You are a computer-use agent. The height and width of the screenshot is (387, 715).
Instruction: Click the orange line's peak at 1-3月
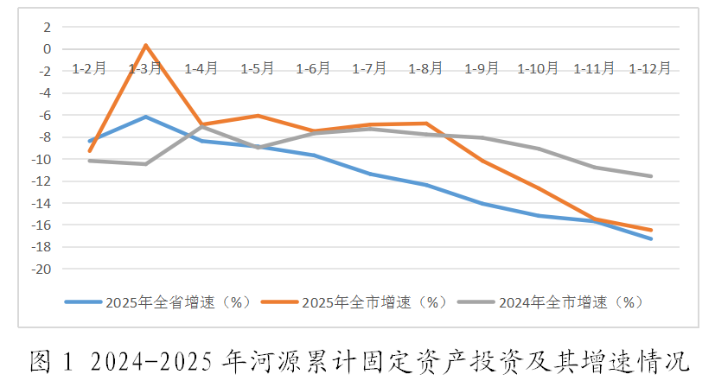(x=145, y=45)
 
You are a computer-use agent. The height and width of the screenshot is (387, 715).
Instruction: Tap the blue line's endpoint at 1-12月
(x=650, y=239)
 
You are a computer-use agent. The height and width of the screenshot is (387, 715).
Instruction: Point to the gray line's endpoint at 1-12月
(x=650, y=176)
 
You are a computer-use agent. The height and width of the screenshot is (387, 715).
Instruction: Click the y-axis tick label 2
(x=48, y=27)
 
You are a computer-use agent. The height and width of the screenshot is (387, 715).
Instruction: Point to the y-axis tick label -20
(x=41, y=270)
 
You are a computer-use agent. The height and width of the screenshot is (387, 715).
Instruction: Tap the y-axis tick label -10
(x=41, y=160)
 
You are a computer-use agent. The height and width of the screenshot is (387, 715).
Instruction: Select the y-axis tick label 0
(x=48, y=49)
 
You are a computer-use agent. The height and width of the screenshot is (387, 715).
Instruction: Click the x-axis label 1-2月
(x=89, y=68)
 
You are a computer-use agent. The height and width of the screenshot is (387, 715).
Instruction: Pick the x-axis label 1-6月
(x=314, y=68)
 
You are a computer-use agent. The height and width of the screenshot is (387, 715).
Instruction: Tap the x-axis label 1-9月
(x=482, y=68)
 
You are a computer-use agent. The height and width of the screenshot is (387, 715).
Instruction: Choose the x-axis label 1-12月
(x=650, y=68)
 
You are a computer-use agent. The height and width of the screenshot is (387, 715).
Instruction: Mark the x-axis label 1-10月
(x=538, y=68)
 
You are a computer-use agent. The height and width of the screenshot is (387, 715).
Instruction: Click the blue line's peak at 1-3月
(x=145, y=117)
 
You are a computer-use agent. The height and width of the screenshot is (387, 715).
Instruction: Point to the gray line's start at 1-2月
(x=90, y=161)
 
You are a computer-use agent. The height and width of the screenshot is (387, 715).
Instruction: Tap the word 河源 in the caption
(x=273, y=361)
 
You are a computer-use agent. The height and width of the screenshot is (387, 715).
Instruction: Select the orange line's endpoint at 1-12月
(x=650, y=230)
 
